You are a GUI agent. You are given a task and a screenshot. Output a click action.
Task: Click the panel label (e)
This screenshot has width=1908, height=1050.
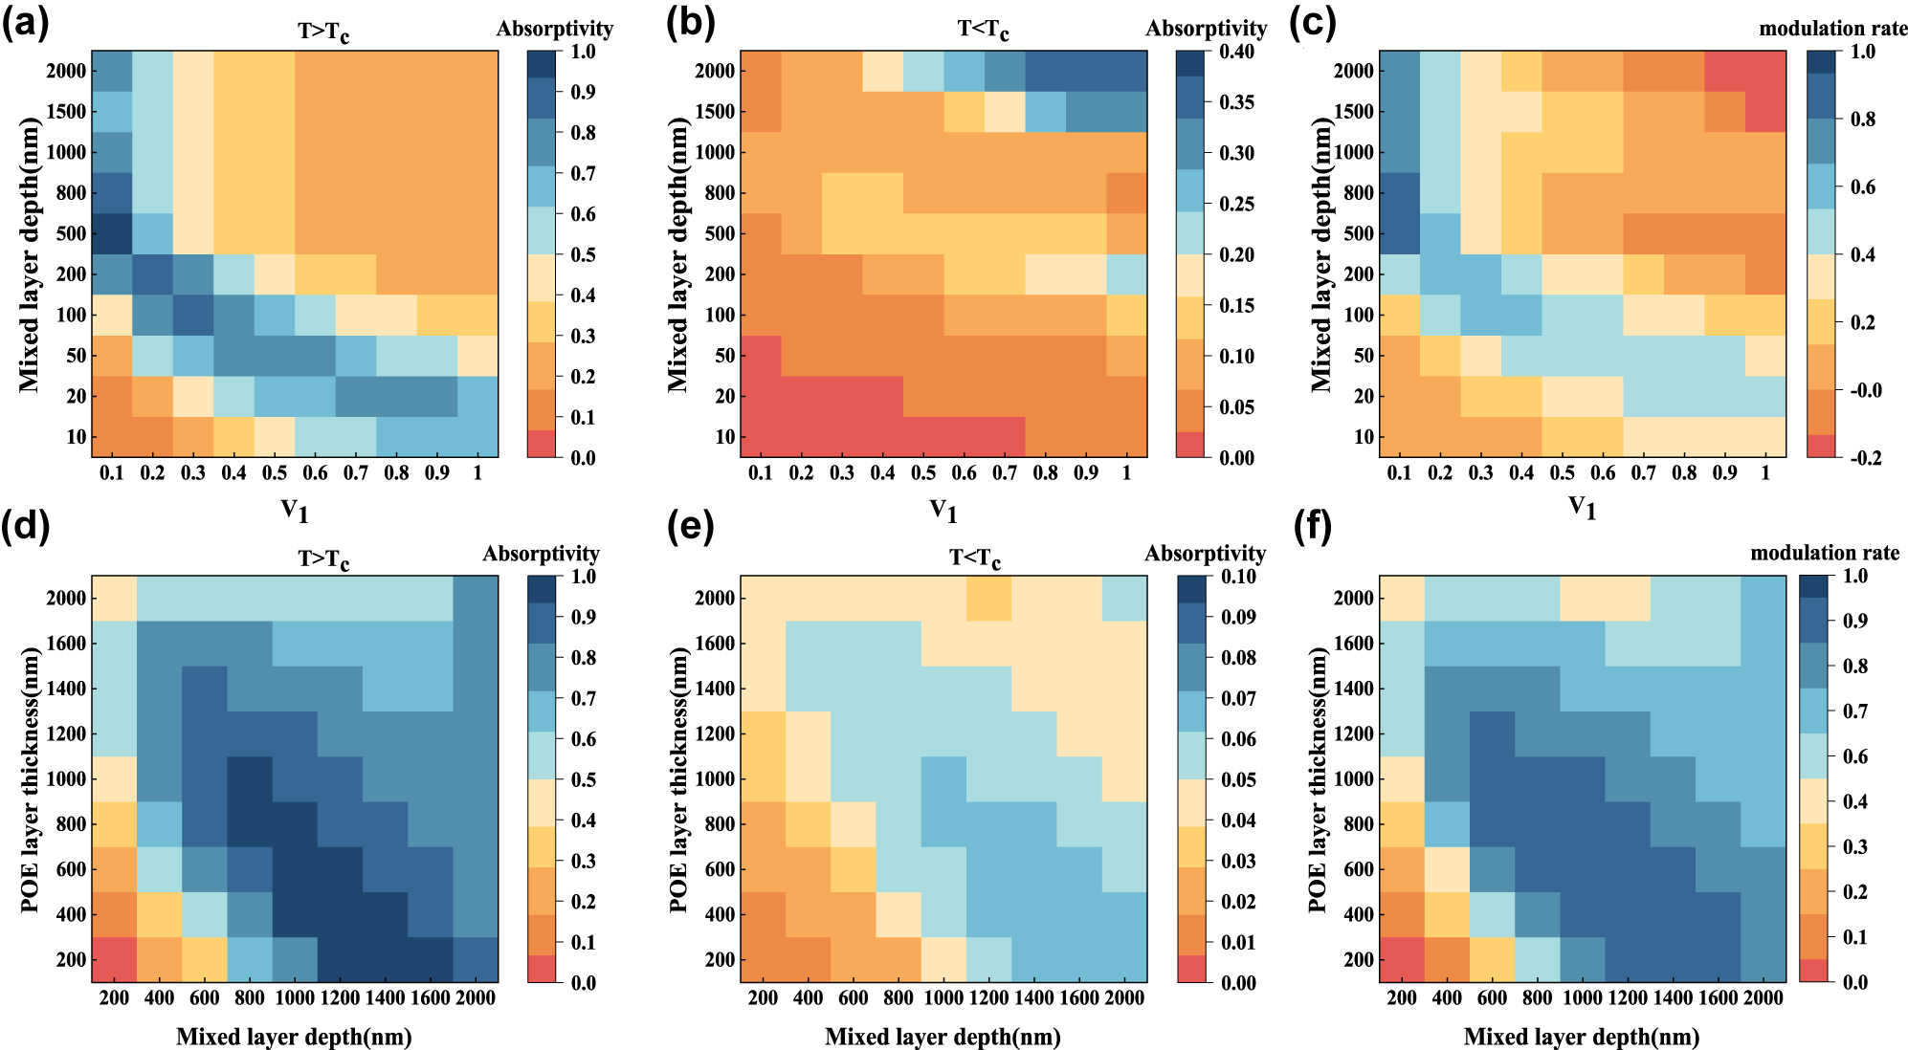coord(690,527)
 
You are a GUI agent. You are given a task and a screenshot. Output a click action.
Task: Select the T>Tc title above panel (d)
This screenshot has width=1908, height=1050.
coord(323,558)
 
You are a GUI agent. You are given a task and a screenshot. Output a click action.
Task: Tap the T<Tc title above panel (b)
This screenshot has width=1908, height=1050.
coord(983,30)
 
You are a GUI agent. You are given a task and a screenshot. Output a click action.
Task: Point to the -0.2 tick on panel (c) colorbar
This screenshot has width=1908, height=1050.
coord(1865,458)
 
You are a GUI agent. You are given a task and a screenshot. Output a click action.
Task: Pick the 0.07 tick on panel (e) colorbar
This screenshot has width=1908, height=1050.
coord(1237,699)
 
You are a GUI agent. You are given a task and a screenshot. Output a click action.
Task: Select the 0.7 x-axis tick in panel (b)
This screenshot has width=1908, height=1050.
coord(1005,472)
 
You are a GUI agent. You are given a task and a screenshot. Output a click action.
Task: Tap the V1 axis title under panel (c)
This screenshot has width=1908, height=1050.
coord(1582,508)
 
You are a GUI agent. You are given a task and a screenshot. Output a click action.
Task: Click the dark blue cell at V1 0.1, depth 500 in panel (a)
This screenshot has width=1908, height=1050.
coord(112,233)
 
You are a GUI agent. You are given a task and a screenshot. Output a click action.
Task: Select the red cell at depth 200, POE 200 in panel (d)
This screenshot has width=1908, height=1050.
coord(114,959)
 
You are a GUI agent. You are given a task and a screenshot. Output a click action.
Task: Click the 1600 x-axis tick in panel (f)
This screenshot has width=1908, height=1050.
coord(1718,997)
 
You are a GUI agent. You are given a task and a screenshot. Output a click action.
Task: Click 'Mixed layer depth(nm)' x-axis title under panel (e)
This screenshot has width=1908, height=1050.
coord(943,1037)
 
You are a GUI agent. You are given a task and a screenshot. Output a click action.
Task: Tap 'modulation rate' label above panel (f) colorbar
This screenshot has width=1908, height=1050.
coord(1824,553)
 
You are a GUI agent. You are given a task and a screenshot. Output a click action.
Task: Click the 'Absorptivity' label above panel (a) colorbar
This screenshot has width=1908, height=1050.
coord(554,29)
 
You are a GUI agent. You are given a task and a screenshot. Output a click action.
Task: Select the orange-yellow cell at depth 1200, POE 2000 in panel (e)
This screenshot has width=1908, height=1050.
coord(988,599)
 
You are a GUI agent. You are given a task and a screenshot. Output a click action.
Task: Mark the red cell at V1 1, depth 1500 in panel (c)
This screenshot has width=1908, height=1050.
coord(1765,111)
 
